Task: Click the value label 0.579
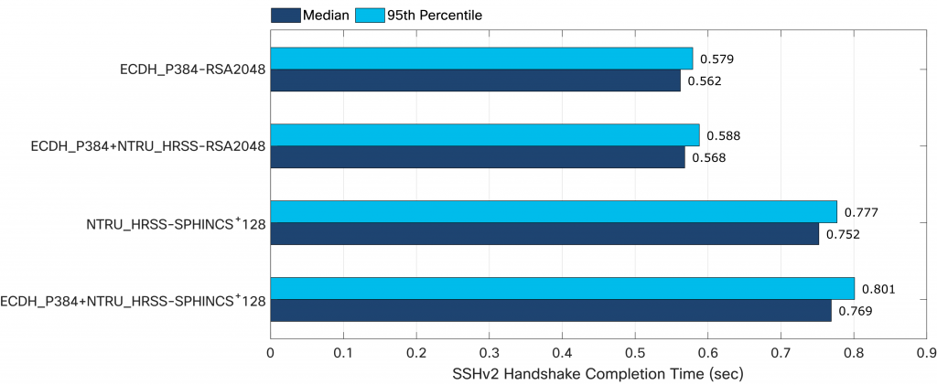(x=716, y=59)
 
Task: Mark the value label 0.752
(x=843, y=234)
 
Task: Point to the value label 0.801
(x=878, y=289)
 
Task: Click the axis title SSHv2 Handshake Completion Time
(x=598, y=373)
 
